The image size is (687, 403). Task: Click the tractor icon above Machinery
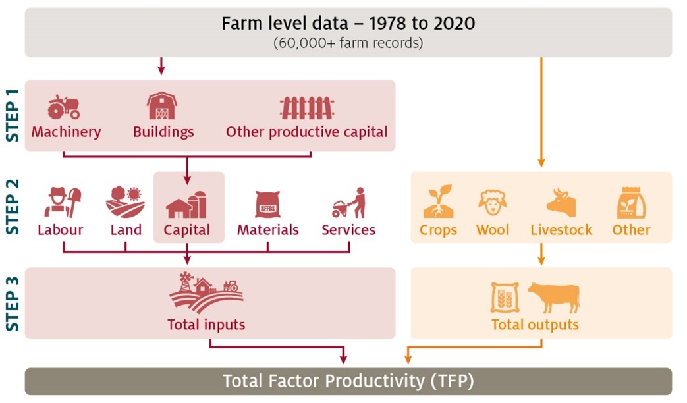[x=64, y=106]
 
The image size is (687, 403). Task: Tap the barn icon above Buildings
[x=162, y=105]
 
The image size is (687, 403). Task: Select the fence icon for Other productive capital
[x=306, y=107]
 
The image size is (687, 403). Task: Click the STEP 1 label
[x=13, y=115]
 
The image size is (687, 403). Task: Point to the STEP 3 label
[x=13, y=304]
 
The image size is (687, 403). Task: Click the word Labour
[x=61, y=230]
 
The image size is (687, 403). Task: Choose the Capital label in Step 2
[x=187, y=230]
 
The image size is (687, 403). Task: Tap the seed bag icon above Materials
[x=267, y=204]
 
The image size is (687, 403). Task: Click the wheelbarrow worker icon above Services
[x=348, y=203]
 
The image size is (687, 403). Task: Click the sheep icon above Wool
[x=492, y=203]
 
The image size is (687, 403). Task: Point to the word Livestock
[x=561, y=230]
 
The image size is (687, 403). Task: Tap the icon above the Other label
[x=631, y=203]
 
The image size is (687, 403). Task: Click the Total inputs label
[x=206, y=324]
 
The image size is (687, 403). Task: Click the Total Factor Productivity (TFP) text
[x=348, y=381]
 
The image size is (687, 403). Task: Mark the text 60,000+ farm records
[x=348, y=43]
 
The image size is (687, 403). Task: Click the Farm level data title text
[x=348, y=24]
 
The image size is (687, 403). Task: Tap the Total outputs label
[x=535, y=324]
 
